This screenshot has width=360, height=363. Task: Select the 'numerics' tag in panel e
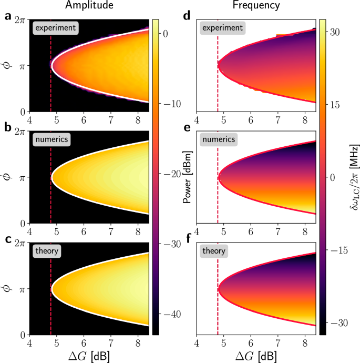(218, 140)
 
